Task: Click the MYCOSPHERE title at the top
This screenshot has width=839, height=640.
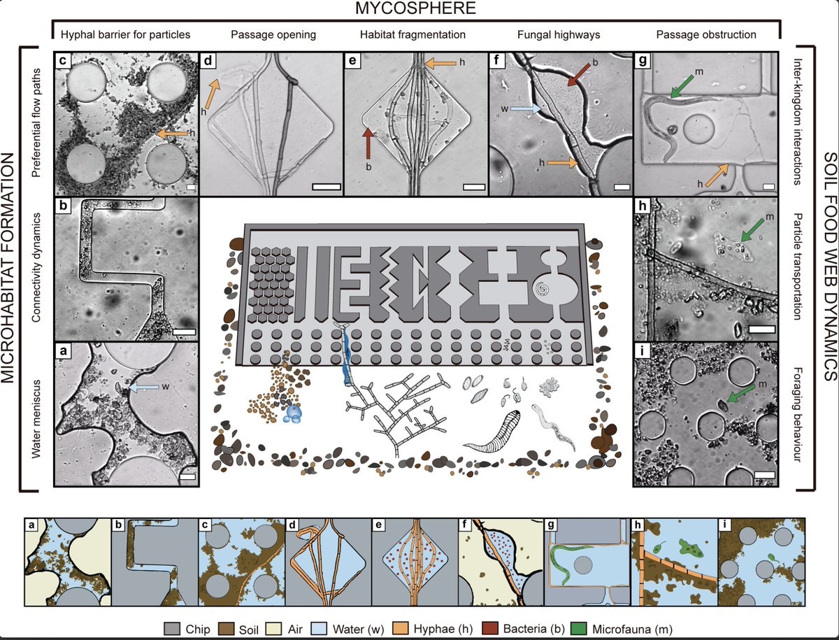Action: click(x=415, y=8)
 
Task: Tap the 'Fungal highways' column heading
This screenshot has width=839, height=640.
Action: click(x=559, y=35)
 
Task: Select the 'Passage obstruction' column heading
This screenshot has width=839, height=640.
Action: click(x=706, y=35)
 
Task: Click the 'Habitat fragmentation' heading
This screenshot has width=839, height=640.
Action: click(x=413, y=35)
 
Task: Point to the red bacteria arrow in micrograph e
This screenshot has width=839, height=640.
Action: click(x=368, y=143)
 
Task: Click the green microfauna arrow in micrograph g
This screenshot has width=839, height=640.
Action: click(x=682, y=87)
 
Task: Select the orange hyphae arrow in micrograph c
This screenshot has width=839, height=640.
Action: click(x=173, y=134)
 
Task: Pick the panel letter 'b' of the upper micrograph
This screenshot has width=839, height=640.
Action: click(x=63, y=206)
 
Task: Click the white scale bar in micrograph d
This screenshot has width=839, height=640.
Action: click(x=327, y=187)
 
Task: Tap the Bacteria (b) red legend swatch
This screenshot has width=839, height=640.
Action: click(x=490, y=629)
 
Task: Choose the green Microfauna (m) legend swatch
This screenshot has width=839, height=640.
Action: click(x=579, y=629)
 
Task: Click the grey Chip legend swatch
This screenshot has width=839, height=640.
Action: click(x=172, y=629)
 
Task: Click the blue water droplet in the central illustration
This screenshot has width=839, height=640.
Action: click(x=293, y=413)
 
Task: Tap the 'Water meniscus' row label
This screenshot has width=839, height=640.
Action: click(x=36, y=419)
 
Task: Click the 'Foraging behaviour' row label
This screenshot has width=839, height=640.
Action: click(x=796, y=415)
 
